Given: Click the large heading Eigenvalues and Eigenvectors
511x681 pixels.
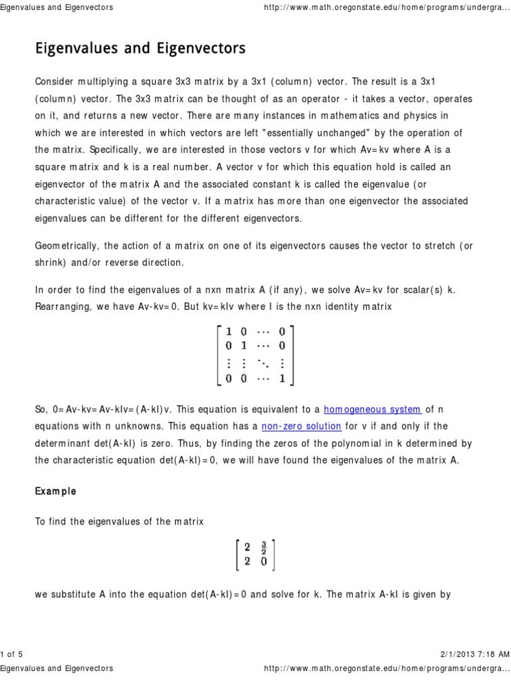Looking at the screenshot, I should pos(140,49).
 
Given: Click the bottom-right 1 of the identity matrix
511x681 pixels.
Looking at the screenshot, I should pos(283,379).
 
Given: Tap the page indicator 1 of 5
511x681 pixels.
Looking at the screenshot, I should pos(12,654).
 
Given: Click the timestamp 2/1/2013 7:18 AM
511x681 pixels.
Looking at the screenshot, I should pos(473,654).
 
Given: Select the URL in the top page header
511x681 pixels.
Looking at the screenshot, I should pos(387,7).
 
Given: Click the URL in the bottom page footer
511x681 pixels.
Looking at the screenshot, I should pos(387,668).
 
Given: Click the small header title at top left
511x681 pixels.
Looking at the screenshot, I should pos(57,7).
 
